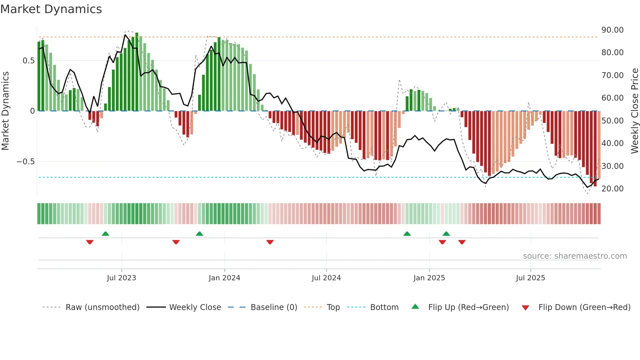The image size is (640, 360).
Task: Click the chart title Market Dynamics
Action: (x=51, y=9)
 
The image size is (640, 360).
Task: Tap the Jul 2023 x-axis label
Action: (x=121, y=278)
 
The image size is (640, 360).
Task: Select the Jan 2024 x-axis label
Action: (x=224, y=278)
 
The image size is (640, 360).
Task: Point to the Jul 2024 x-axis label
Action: (x=326, y=278)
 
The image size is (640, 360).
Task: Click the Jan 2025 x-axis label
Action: (x=429, y=278)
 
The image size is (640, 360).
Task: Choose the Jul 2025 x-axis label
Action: (x=530, y=278)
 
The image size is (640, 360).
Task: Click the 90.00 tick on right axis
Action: (x=612, y=30)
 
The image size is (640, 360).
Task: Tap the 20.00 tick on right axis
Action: (x=612, y=189)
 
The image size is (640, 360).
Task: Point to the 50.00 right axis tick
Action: (x=612, y=121)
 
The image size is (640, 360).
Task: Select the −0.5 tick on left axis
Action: (x=25, y=162)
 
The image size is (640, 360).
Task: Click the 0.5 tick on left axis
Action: (x=28, y=61)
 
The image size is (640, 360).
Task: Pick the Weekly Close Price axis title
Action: (x=634, y=111)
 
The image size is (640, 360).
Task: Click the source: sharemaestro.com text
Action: (x=575, y=256)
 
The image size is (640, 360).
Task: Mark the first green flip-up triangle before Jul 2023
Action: (x=105, y=234)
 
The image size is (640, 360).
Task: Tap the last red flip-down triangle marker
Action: (x=462, y=242)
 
